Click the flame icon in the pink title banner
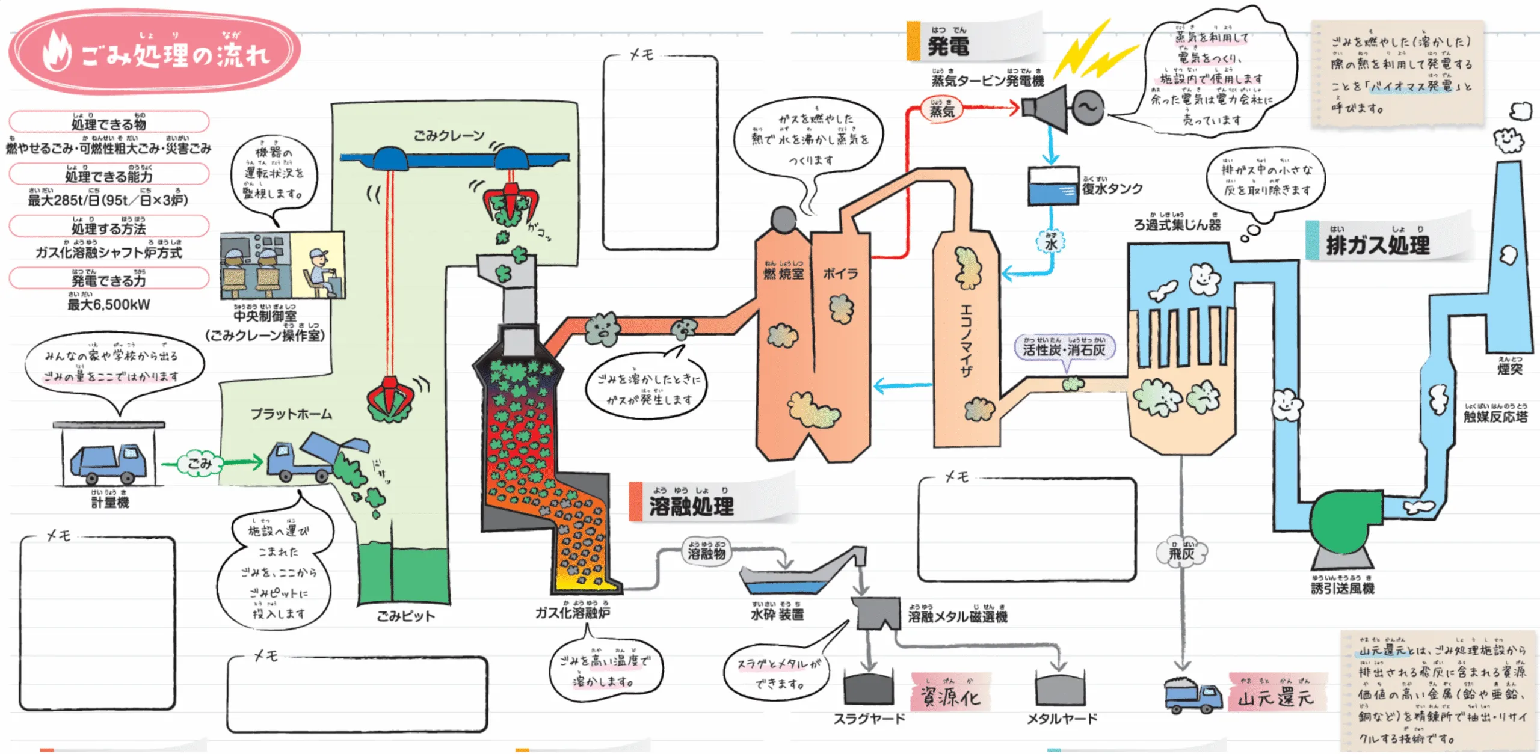coord(57,51)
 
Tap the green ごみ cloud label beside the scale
coord(200,463)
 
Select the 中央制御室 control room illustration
coord(282,265)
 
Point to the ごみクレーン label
coord(449,136)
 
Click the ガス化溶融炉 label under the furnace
coord(573,612)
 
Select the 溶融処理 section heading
coord(691,506)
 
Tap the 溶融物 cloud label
coord(707,553)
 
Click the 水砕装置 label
coord(777,614)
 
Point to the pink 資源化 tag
coord(950,696)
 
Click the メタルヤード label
coord(1062,718)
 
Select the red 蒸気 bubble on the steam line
coord(942,110)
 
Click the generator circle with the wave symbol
coord(1088,108)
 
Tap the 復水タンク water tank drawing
coord(1053,186)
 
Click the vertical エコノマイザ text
coord(966,340)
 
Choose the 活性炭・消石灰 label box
coord(1064,349)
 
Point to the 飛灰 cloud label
coord(1181,553)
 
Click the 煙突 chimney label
coord(1509,368)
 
